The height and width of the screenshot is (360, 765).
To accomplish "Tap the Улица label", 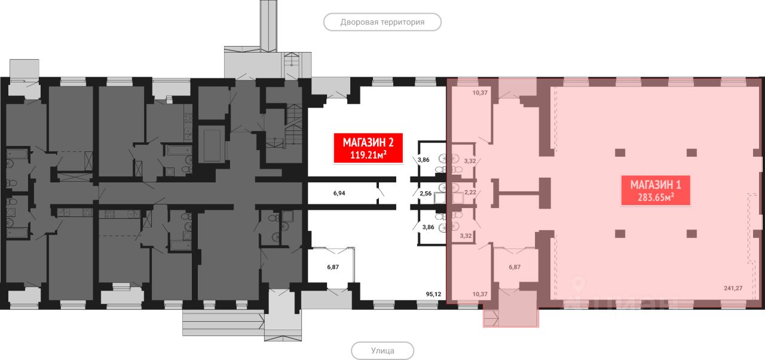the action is point(382,350).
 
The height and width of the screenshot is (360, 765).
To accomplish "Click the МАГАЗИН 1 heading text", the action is point(656,184).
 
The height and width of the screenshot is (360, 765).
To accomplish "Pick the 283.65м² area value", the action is point(656,197).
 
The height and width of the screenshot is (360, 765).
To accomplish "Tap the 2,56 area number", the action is point(425,194).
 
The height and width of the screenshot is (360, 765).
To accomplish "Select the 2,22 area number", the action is point(470,193).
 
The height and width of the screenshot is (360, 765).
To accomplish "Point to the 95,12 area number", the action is point(433,294).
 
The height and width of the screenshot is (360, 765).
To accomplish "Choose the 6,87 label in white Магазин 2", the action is point(333,267).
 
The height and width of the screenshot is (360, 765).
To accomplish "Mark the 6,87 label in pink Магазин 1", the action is point(513,267).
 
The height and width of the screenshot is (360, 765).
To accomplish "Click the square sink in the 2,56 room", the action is point(440,199).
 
